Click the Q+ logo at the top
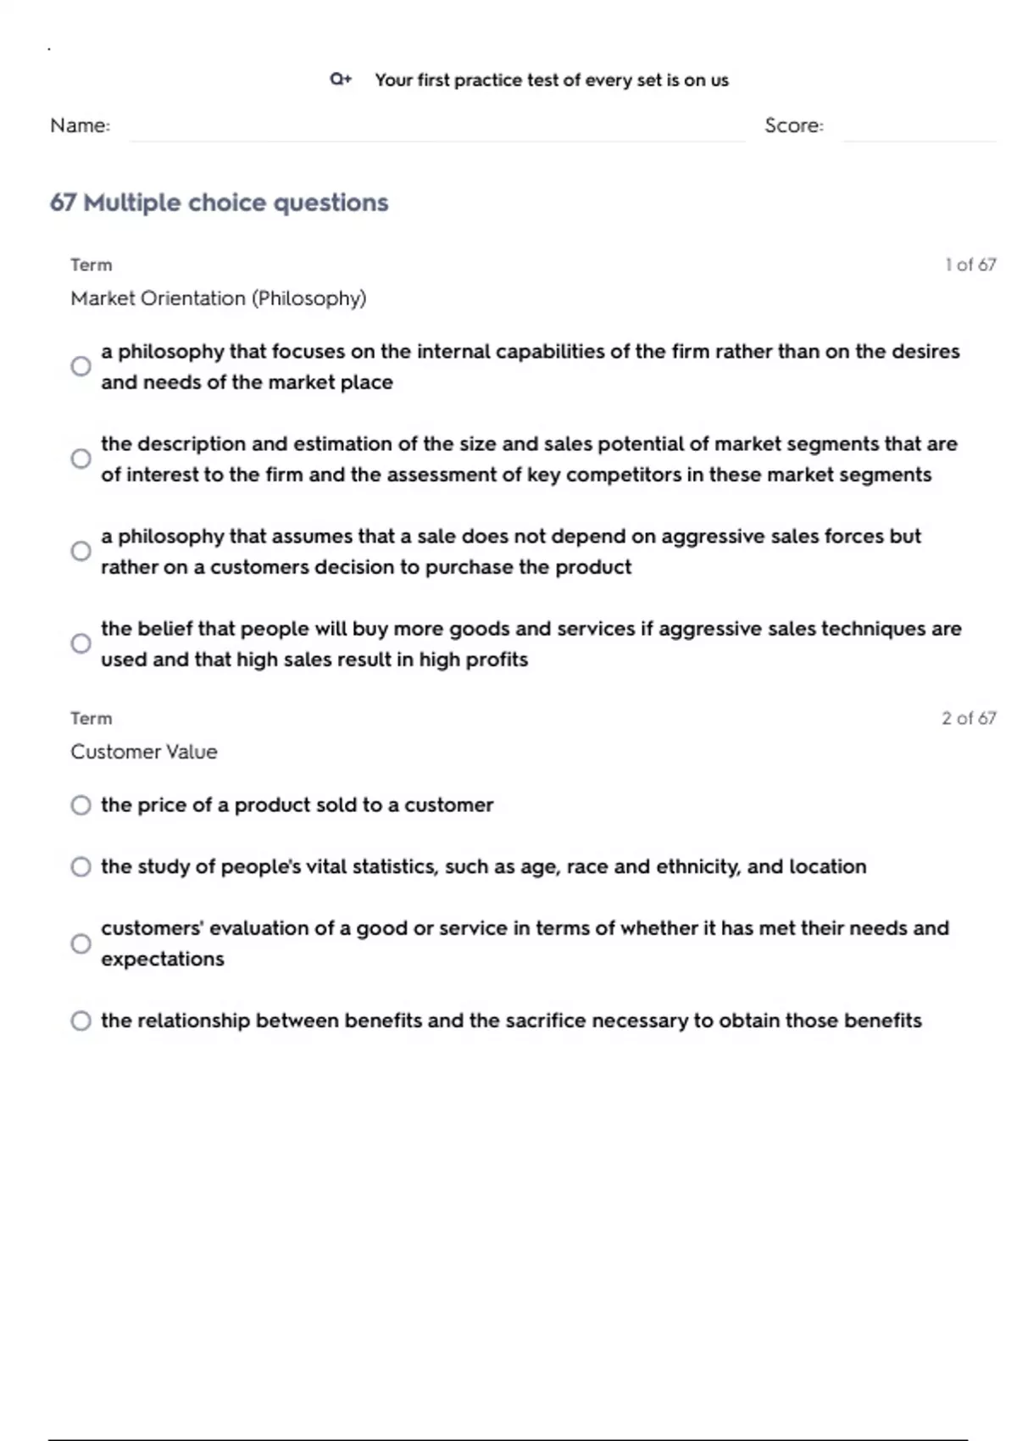[x=341, y=80]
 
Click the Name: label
[x=80, y=125]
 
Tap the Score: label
[x=793, y=125]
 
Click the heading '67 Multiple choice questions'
[x=219, y=203]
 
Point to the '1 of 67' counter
[x=970, y=264]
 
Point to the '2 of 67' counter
[x=969, y=718]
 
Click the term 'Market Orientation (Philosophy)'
[x=218, y=298]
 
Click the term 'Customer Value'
[x=143, y=752]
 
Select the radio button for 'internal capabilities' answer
[x=81, y=366]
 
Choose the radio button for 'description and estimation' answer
[x=81, y=459]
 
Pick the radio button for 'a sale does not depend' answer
[x=81, y=551]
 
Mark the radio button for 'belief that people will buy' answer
[x=81, y=643]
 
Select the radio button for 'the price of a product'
[x=81, y=805]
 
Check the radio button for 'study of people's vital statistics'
[x=81, y=866]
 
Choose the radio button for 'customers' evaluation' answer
[x=81, y=943]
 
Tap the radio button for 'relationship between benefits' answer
[x=81, y=1021]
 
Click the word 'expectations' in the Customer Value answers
[x=163, y=960]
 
